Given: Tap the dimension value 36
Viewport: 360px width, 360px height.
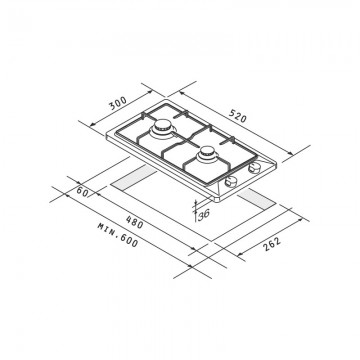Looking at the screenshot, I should tap(205, 214).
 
